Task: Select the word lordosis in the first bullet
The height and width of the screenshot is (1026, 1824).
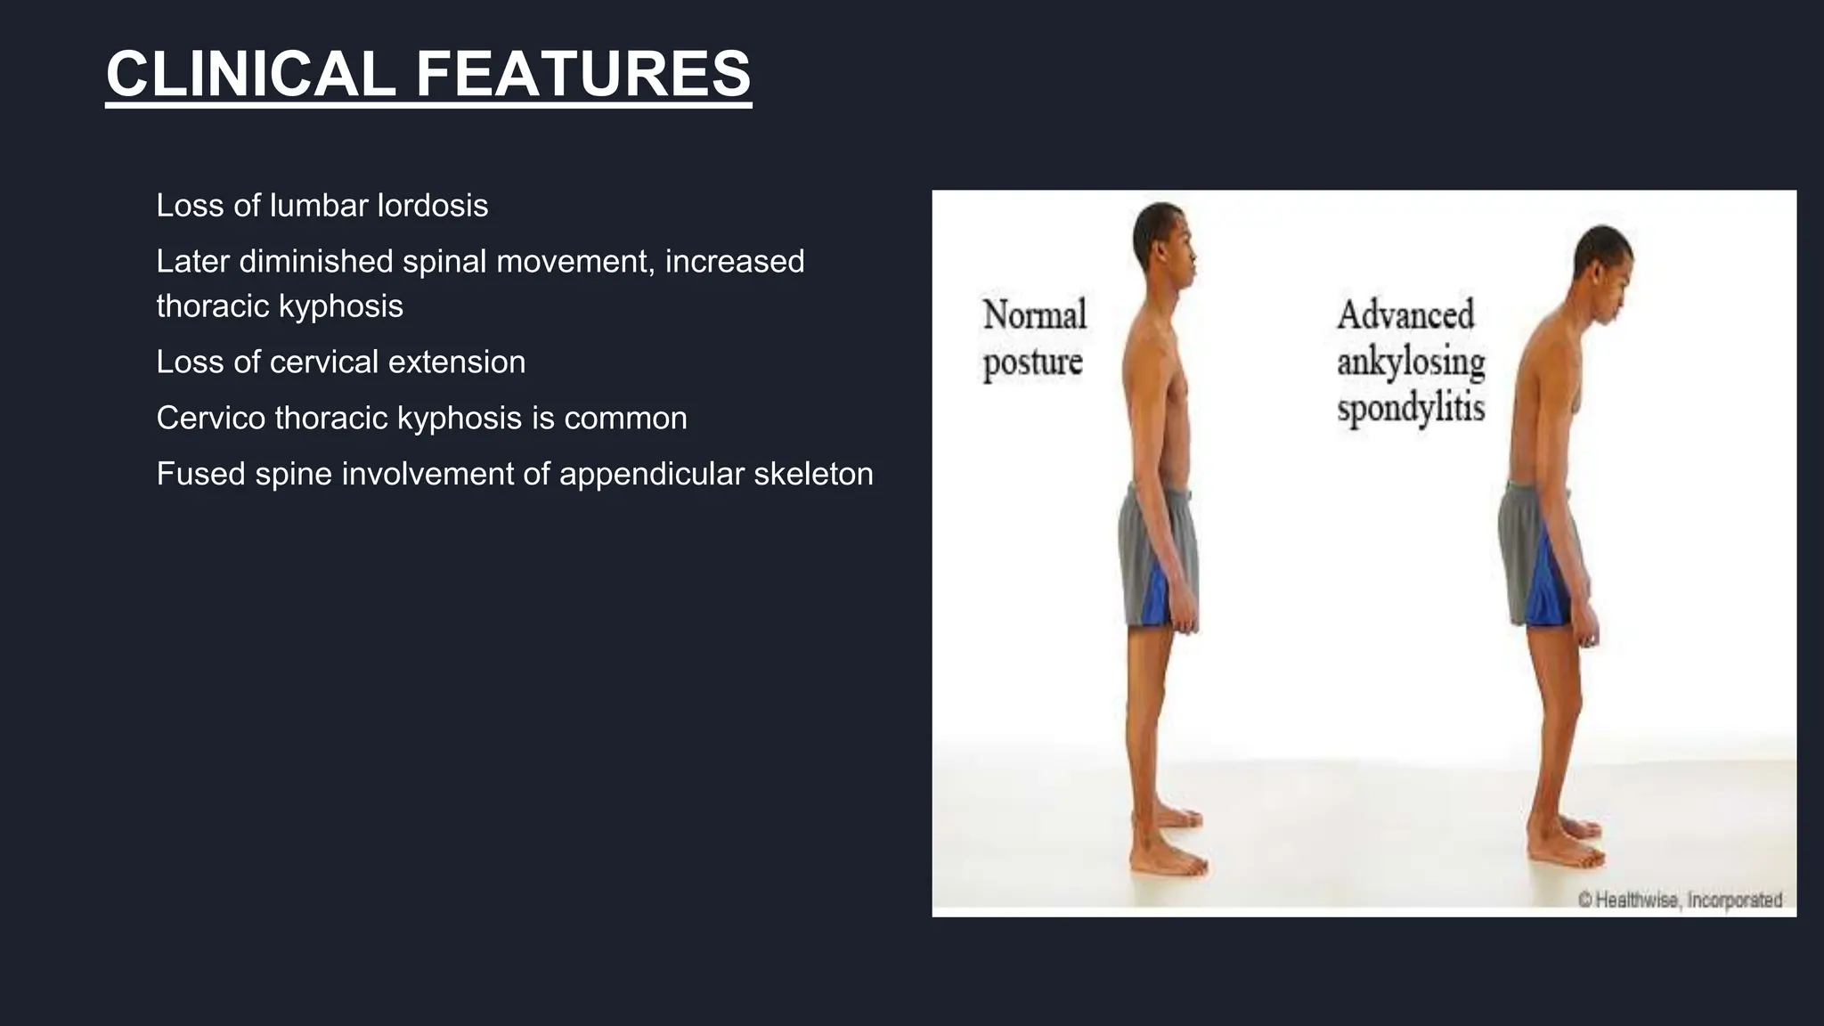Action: [433, 206]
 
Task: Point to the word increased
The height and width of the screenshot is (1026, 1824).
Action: [735, 262]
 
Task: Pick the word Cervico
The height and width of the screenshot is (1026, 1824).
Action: [210, 418]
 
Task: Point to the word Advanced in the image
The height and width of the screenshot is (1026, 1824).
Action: [1405, 315]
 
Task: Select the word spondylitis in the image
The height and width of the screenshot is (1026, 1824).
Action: [1411, 409]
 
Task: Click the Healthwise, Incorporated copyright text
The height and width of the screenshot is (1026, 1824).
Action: [1680, 900]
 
